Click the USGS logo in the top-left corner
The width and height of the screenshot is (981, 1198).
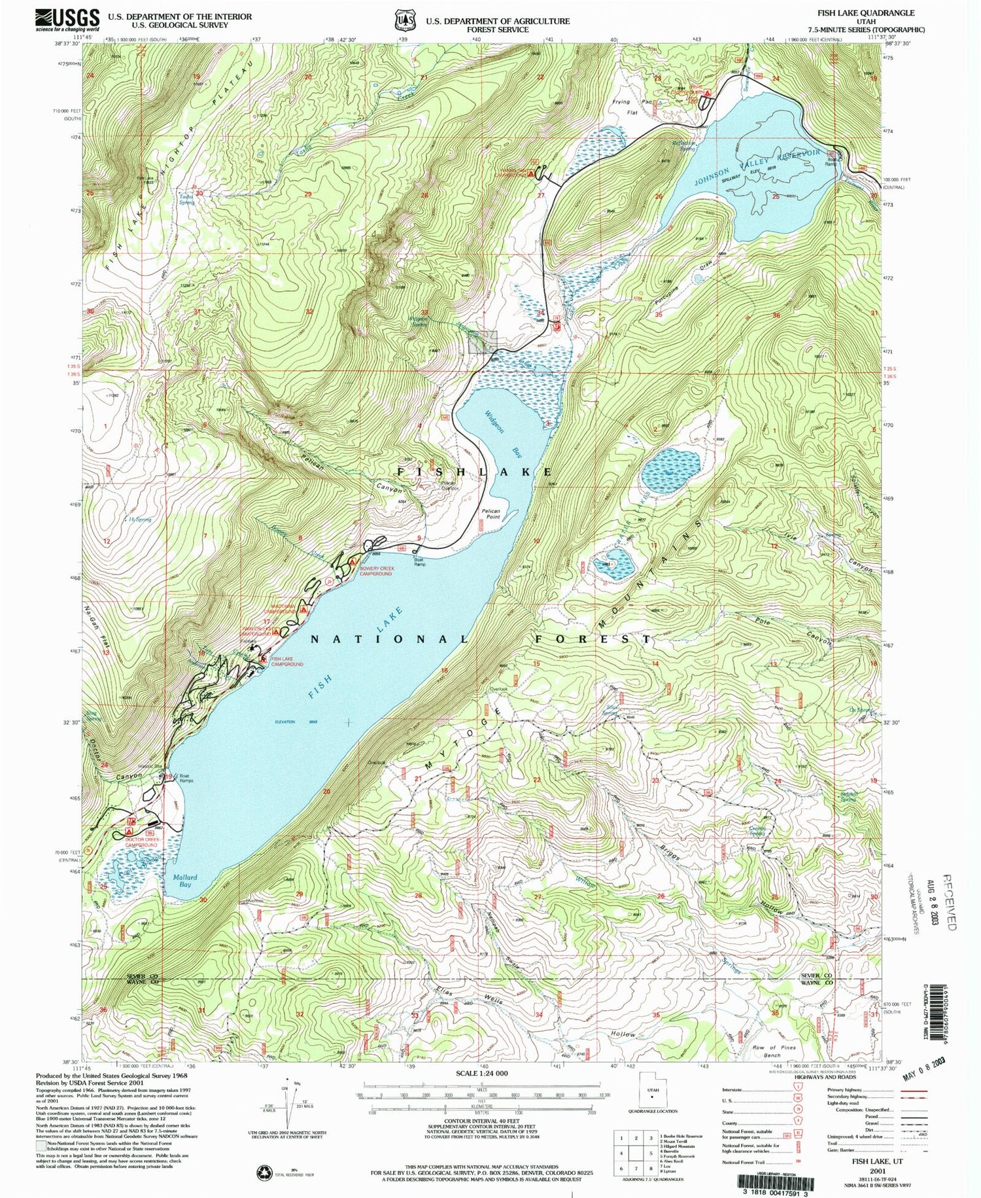(x=67, y=20)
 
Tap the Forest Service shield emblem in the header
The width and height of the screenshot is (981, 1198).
(x=404, y=20)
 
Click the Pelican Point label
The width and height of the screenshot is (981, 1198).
(x=490, y=514)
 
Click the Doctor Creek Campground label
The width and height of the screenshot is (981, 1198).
(x=142, y=842)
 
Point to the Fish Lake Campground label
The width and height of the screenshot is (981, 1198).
(x=287, y=661)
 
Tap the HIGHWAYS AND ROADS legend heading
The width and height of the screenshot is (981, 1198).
(x=831, y=1076)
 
